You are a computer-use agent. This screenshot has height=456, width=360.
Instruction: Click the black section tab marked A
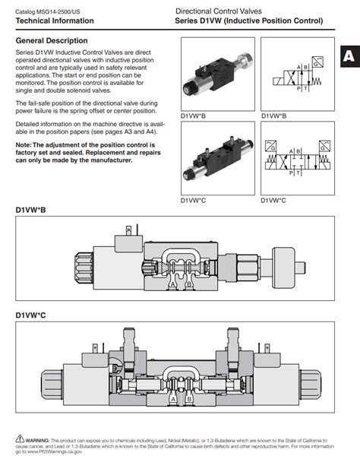point(349,56)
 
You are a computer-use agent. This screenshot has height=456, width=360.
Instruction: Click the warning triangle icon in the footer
point(20,439)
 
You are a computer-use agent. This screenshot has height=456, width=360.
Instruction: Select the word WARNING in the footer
point(38,439)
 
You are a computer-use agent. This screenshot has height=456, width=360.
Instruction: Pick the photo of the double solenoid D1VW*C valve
point(216,159)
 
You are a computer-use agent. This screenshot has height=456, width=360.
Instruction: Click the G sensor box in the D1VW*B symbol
point(314,65)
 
